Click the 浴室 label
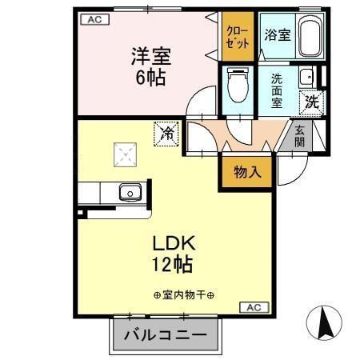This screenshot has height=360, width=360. pos(277,34)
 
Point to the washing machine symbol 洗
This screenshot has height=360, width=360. pos(310,102)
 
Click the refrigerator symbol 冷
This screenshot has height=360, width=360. pos(167,133)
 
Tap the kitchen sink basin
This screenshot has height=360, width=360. pos(128,192)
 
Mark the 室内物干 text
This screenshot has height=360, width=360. pos(183,294)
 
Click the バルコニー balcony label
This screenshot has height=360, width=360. pos(164,335)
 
